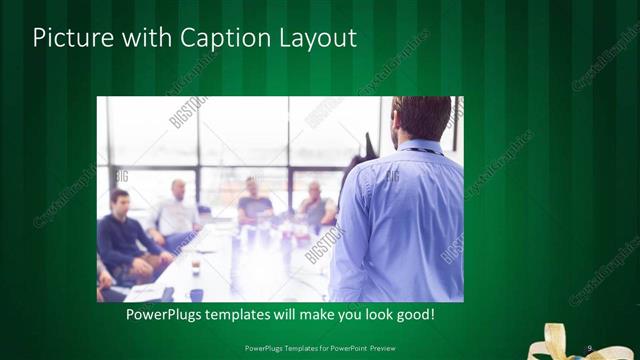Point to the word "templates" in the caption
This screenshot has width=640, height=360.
pyautogui.click(x=248, y=315)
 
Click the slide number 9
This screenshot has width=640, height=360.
pyautogui.click(x=590, y=347)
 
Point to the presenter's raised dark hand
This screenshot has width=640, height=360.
pyautogui.click(x=369, y=146)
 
